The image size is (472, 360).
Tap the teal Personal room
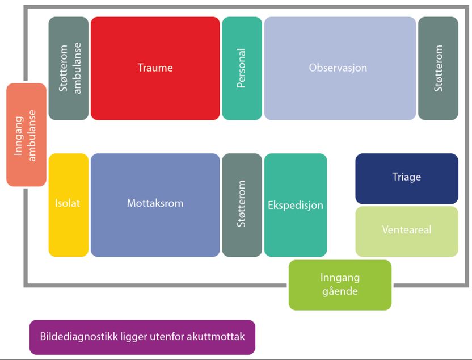tap(242, 68)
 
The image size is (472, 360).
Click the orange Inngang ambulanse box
tap(26, 135)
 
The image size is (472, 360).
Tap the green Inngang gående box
tap(339, 284)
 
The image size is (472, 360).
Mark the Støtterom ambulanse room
tap(68, 68)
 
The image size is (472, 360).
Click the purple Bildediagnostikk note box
tap(142, 337)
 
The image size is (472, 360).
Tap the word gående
tap(339, 291)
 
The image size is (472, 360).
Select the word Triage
tap(406, 177)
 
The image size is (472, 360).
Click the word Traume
tap(155, 68)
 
